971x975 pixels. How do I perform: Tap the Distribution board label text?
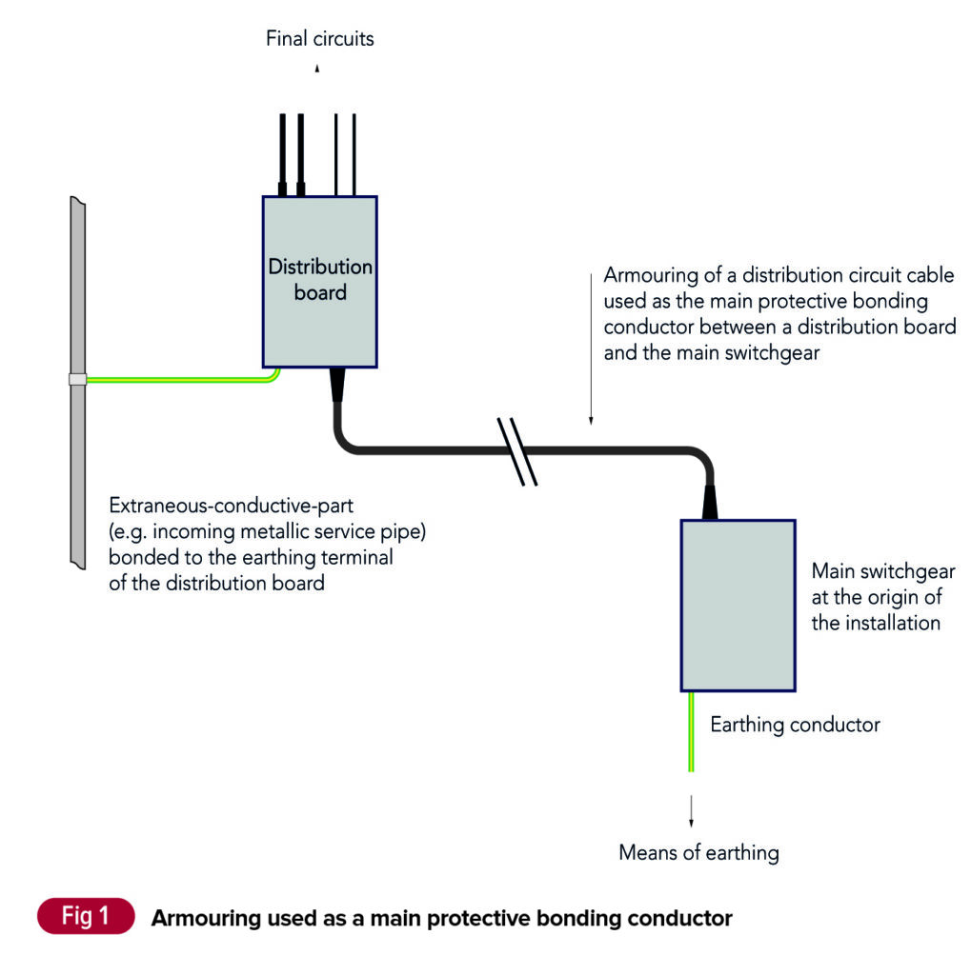coord(320,280)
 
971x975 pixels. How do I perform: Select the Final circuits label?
coord(320,39)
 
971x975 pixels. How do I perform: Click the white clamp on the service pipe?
coord(77,379)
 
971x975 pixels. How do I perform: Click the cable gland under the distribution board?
coord(336,385)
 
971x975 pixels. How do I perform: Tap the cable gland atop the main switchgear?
coord(710,502)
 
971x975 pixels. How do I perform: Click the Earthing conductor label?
coord(795,725)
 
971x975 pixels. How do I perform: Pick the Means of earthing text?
coord(698,852)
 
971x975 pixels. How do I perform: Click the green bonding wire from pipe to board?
coord(181,379)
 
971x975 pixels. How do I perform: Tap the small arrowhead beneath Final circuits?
coord(317,70)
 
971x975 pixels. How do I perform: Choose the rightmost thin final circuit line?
coord(354,152)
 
